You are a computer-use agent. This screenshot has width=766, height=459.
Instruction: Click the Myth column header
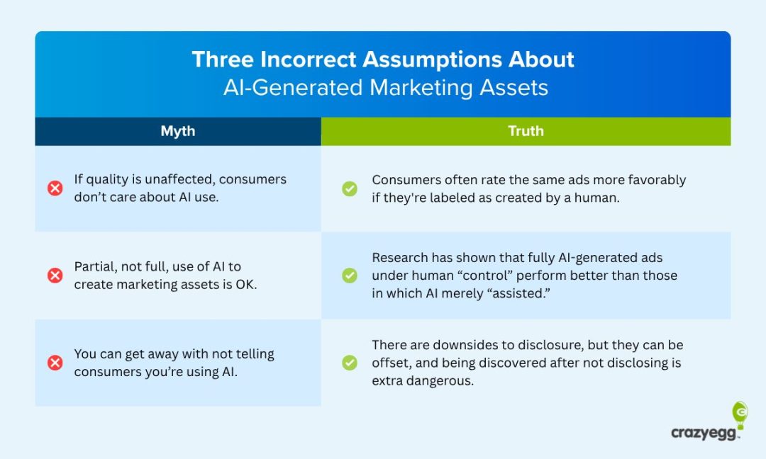[x=177, y=131]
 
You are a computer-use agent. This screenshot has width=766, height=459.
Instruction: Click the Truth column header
[x=526, y=131]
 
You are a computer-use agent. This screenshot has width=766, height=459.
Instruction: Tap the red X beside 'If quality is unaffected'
[x=55, y=188]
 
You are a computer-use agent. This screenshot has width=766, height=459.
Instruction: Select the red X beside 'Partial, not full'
[x=55, y=276]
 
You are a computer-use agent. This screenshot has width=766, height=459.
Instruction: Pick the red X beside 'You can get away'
[x=55, y=363]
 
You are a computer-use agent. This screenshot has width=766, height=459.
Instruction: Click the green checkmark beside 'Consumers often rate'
[x=350, y=188]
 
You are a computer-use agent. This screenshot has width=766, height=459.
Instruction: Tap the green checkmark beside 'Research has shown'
[x=350, y=276]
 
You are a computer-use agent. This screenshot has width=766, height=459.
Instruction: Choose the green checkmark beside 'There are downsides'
[x=350, y=363]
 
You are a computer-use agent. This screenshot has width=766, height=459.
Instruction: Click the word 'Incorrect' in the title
[x=300, y=59]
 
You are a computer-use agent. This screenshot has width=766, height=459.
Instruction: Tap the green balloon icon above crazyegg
[x=739, y=414]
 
